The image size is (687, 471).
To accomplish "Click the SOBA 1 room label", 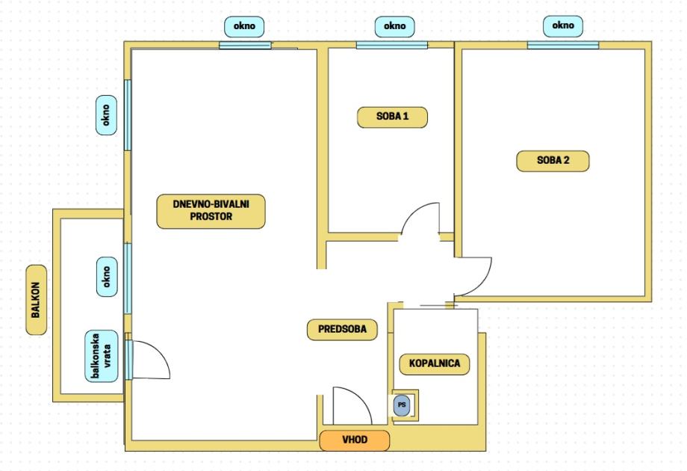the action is coord(392,117).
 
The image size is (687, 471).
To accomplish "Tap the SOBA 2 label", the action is coord(553,161).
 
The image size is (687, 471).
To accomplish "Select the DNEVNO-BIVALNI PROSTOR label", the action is coord(211,211).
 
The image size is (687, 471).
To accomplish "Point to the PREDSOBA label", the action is coord(342,330).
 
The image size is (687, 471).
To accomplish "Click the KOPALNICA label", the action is coord(435,363).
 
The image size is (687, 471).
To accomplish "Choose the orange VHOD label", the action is coord(355,440).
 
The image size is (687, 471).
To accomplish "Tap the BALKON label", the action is coord(36,300).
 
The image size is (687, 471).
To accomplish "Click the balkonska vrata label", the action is coord(102,356).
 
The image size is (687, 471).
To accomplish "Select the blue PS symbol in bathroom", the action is coord(401,405).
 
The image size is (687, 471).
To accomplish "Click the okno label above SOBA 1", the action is coord(395,26).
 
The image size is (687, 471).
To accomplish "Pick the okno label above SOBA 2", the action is coord(563,25).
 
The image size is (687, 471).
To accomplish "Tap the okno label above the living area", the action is coord(244,26).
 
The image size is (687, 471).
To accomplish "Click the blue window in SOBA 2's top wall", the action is coord(563,45).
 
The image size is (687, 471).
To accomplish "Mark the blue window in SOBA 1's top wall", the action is coord(392,45).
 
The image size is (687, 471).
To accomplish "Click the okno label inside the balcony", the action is coord(107,277).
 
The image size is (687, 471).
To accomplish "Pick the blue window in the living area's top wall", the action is coord(246,45).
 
